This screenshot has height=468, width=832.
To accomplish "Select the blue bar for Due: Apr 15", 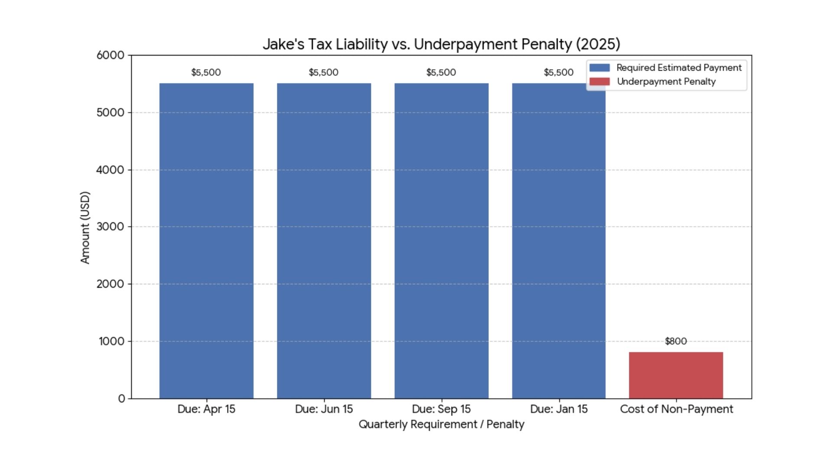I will [206, 240].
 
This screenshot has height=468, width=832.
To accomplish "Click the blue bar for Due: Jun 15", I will [324, 240].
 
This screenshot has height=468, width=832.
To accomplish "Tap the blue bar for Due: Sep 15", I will [441, 240].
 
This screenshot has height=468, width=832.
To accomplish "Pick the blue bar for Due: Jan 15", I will [559, 240].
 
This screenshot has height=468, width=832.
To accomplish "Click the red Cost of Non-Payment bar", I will [676, 375].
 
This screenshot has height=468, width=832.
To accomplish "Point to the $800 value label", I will [676, 341].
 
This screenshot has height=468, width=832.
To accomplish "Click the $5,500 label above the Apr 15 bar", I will [206, 72].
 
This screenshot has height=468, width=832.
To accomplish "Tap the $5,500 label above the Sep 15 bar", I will [441, 72].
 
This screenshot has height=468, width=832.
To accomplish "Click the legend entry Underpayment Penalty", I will [666, 81].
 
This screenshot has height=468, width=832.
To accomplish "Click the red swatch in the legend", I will [599, 81].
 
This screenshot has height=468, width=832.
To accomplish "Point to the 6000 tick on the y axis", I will [110, 55].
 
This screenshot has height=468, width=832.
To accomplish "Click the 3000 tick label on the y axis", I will [110, 227].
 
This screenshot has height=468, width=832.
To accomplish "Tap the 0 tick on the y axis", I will [122, 399].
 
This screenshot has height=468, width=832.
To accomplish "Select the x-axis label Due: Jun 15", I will [324, 409].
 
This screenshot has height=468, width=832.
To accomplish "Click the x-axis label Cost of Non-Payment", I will [676, 409].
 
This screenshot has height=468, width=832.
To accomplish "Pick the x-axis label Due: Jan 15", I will [559, 409].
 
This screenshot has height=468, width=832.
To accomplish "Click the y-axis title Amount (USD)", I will [85, 227].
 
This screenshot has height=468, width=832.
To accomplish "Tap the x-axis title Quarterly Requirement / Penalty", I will [441, 424].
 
